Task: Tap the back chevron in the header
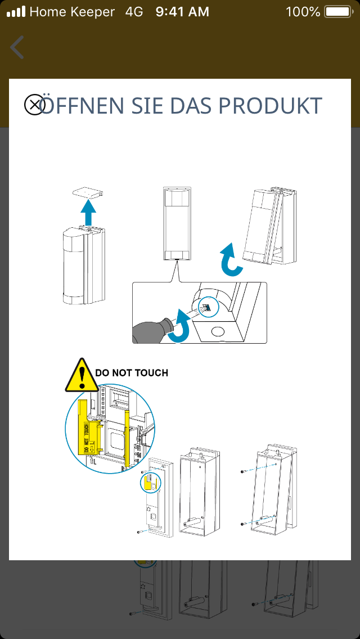tap(17, 47)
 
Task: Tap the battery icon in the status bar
tap(337, 11)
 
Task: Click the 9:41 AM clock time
tap(182, 11)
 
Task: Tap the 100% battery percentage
tap(303, 11)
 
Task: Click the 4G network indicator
tap(134, 11)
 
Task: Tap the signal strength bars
tap(16, 11)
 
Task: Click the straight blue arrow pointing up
tap(87, 212)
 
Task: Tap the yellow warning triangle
tap(83, 375)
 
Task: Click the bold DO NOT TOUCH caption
tap(132, 372)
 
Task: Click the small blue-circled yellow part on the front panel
tap(150, 482)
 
